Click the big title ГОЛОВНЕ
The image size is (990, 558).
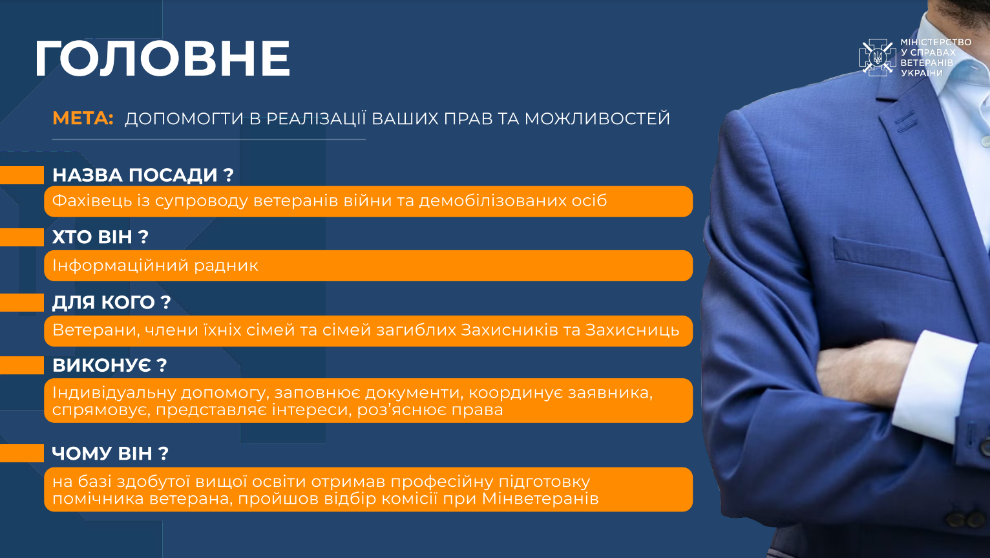click(x=163, y=58)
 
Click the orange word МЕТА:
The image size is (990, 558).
click(x=83, y=118)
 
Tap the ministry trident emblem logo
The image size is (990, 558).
click(x=878, y=58)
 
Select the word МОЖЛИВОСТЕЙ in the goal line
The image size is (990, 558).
click(x=597, y=118)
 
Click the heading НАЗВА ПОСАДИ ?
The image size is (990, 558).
click(x=143, y=175)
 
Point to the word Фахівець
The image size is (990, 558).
click(x=92, y=201)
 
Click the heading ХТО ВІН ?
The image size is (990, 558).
click(x=100, y=237)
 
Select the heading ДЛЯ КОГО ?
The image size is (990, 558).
click(x=111, y=303)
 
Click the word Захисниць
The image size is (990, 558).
click(x=632, y=330)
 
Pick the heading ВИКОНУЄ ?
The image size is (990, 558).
click(x=110, y=365)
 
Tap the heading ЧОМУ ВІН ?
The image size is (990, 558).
click(x=111, y=453)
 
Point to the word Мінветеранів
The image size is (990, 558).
click(x=540, y=499)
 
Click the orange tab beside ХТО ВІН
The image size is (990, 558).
click(x=22, y=237)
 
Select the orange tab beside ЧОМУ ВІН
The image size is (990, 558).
click(x=22, y=453)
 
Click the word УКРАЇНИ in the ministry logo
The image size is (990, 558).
click(x=922, y=73)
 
